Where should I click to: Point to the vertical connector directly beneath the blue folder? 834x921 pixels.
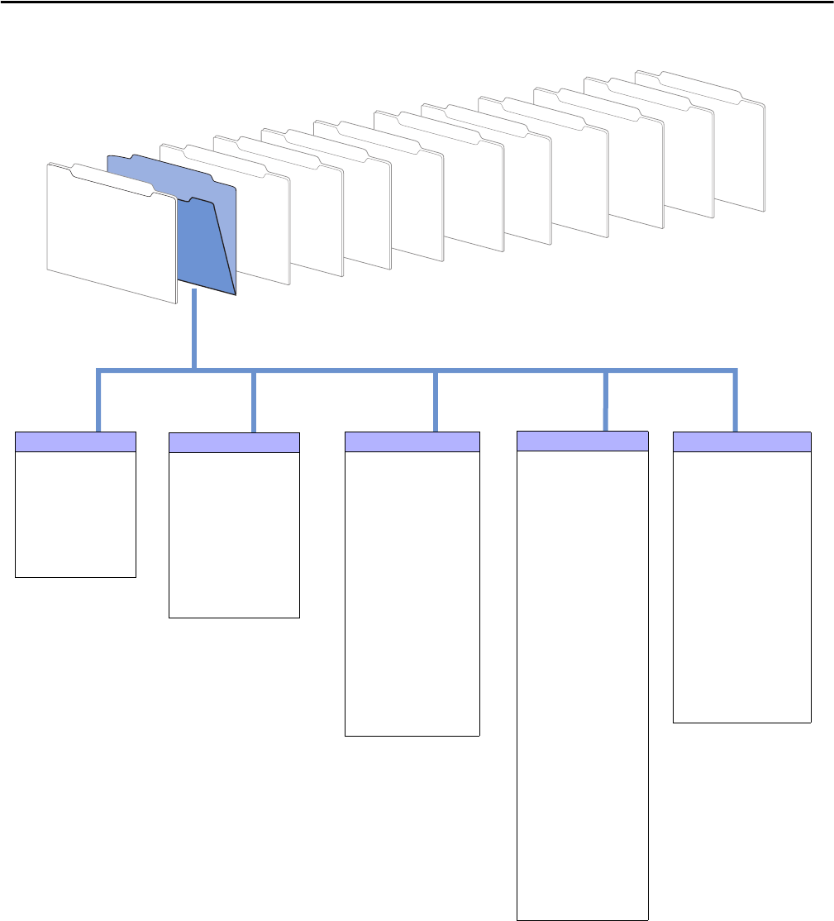pyautogui.click(x=194, y=331)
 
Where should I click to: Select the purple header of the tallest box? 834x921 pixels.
pyautogui.click(x=582, y=440)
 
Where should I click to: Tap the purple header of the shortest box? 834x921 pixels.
pyautogui.click(x=75, y=441)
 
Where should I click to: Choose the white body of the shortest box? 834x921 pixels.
pyautogui.click(x=75, y=513)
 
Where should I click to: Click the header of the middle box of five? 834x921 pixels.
pyautogui.click(x=412, y=441)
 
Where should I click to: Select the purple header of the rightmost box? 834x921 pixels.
pyautogui.click(x=741, y=441)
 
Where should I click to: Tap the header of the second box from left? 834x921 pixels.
pyautogui.click(x=233, y=441)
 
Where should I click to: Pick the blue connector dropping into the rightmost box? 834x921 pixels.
pyautogui.click(x=734, y=401)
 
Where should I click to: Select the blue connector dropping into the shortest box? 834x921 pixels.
pyautogui.click(x=98, y=401)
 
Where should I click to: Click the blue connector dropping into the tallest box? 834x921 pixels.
pyautogui.click(x=607, y=401)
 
